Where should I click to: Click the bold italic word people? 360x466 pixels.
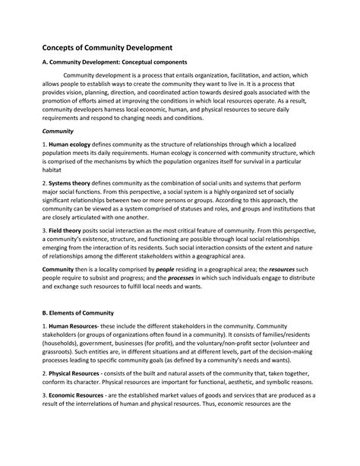165,271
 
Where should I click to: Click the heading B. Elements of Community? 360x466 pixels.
77,312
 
